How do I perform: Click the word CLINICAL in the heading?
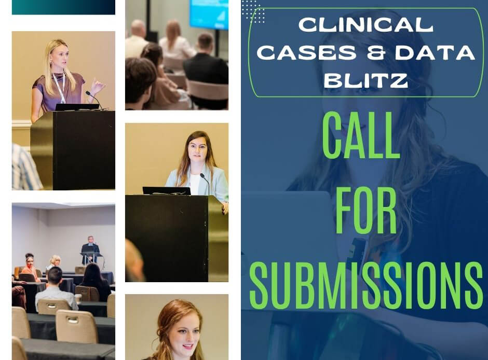pos(365,24)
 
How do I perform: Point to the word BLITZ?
pos(365,80)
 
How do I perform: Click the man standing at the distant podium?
pos(91,247)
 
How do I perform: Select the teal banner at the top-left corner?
pos(63,7)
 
